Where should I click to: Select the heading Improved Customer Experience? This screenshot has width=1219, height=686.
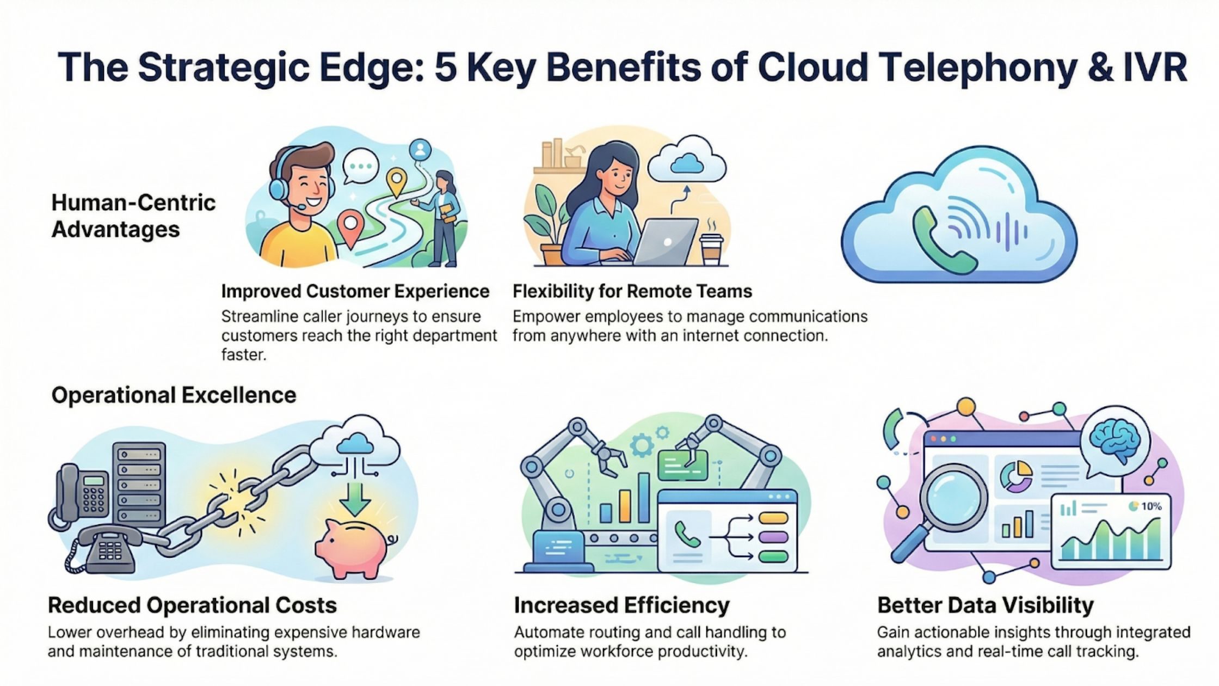coord(355,291)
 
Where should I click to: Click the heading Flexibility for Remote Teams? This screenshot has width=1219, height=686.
coord(632,291)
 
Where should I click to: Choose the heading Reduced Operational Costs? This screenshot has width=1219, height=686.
coord(192,605)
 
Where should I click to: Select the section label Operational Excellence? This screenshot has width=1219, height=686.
coord(174,395)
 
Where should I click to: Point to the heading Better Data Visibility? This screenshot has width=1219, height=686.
coord(985,605)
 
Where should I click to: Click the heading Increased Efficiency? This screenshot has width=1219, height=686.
coord(621,605)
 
